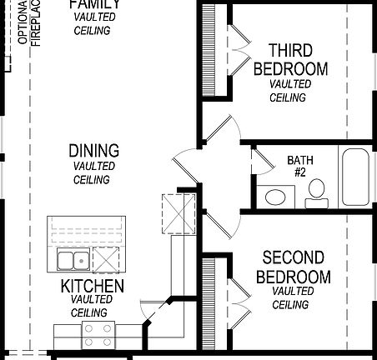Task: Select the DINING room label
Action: coord(93,151)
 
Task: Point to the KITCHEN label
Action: coord(93,287)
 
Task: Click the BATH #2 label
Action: coord(299,165)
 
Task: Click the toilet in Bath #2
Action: coord(316,195)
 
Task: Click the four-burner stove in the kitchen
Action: coord(98,335)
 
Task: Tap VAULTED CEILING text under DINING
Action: coord(93,172)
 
